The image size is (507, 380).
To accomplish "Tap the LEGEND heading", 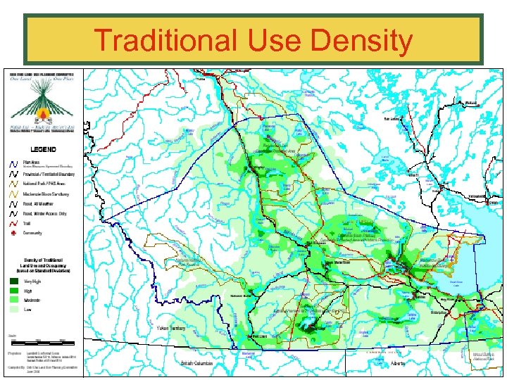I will click(43, 148).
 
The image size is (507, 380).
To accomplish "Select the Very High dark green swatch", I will click(14, 281).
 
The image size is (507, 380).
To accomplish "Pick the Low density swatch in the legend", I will click(14, 308).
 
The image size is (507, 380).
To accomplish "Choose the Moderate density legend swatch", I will click(14, 299).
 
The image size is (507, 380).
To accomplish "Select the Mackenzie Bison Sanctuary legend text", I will click(46, 193).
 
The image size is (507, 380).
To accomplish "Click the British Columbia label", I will click(196, 363).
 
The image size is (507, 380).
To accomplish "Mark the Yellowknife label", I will click(477, 196).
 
